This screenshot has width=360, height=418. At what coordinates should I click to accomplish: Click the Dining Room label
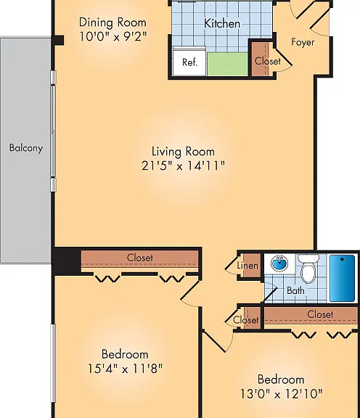(x=112, y=23)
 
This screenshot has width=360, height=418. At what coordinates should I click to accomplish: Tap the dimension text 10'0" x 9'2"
(x=113, y=36)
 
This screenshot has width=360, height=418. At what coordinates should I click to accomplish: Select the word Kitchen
(x=222, y=23)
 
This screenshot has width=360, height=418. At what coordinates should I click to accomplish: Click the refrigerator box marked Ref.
(x=189, y=62)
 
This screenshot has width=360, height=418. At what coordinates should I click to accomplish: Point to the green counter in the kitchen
(x=228, y=64)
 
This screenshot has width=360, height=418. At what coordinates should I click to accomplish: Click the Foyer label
(x=303, y=42)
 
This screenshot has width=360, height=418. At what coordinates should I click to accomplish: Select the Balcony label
(x=26, y=148)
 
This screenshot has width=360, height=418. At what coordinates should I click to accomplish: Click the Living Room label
(x=183, y=152)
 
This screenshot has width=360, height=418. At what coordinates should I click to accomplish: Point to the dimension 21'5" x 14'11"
(x=183, y=165)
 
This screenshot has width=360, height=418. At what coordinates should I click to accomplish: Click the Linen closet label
(x=247, y=266)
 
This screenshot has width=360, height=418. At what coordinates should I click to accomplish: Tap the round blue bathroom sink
(x=279, y=263)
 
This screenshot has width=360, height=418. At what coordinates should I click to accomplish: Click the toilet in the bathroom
(x=308, y=269)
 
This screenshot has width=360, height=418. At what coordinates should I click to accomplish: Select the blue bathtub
(x=342, y=278)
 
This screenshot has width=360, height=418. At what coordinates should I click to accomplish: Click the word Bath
(x=295, y=290)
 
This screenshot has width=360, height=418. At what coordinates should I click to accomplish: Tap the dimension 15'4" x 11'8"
(x=125, y=369)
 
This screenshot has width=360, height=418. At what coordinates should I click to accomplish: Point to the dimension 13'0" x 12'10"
(x=281, y=394)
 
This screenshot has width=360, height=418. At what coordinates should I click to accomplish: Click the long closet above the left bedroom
(x=140, y=258)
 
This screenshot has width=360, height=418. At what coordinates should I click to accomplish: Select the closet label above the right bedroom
(x=320, y=314)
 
